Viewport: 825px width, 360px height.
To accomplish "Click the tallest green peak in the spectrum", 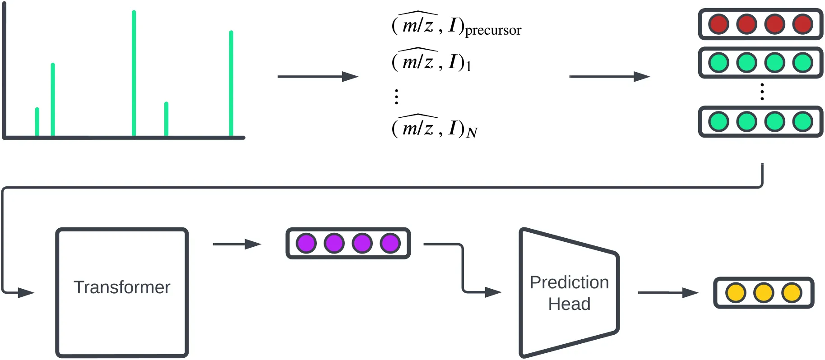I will pos(134,72).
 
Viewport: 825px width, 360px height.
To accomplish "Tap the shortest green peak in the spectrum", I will pos(37,122).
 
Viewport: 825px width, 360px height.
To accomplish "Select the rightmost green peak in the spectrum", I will pos(231,83).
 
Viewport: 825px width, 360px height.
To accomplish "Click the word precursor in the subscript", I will pos(493,30).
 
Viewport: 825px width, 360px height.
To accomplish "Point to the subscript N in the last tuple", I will pos(472,133).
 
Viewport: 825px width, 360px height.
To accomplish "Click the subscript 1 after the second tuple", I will pos(468,66).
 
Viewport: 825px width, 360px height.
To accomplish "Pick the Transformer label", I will pos(122,287).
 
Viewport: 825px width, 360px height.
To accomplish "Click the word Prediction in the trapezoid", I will pos(569,282).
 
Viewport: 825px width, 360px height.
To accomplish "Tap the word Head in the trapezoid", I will pos(569,304).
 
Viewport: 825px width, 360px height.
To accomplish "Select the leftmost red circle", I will pos(718,24).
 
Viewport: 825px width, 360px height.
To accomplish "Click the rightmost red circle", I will pos(802,24).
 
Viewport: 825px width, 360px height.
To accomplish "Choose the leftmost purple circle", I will pos(306,244).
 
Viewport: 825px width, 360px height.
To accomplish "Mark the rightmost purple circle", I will pos(390,244).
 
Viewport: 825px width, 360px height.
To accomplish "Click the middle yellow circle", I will pos(764,293).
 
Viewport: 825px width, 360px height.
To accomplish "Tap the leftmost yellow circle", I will pos(736,293).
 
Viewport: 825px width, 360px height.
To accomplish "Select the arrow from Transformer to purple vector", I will pos(237,245).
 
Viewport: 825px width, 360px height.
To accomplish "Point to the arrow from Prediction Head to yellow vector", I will pos(668,293).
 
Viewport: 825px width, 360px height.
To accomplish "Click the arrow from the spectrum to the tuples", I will pos(318,77).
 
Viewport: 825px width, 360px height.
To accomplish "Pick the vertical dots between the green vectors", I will pos(762,92).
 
